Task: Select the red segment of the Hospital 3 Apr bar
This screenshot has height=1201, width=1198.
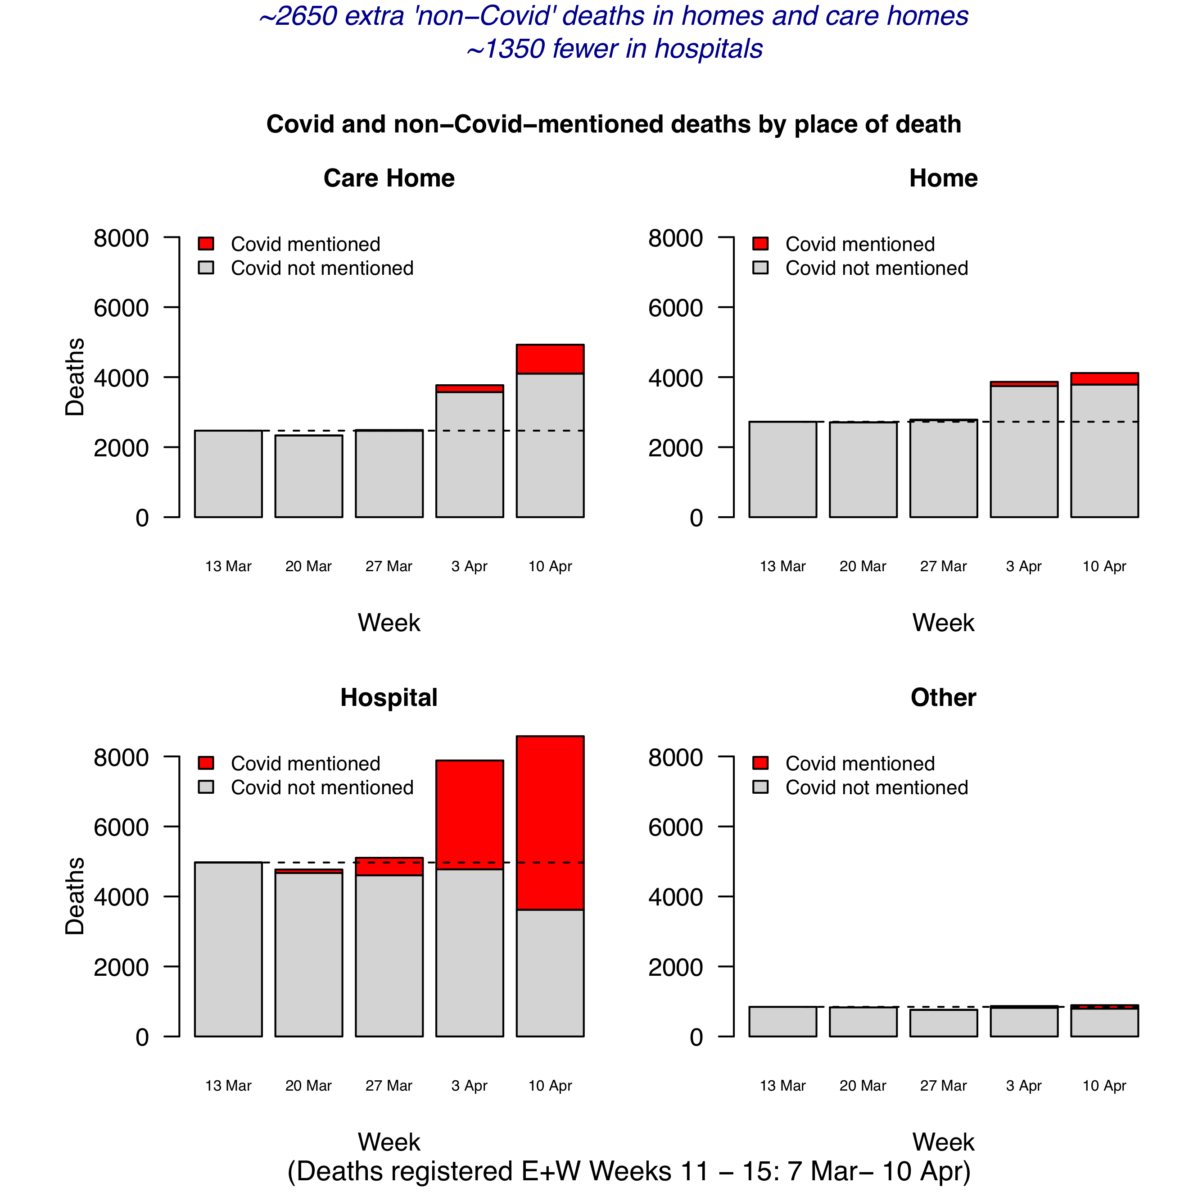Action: [469, 814]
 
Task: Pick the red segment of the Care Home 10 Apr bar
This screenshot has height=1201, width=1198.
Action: [549, 359]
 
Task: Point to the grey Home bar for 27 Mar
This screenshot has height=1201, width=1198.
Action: [943, 469]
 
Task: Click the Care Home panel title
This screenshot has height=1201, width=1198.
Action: [389, 178]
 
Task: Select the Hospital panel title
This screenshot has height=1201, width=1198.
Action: [389, 697]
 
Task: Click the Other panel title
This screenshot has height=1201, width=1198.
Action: [943, 697]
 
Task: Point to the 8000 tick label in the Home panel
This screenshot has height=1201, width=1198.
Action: [675, 238]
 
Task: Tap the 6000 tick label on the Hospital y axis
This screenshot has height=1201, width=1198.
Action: [121, 828]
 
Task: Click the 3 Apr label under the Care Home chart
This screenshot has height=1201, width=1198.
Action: [469, 566]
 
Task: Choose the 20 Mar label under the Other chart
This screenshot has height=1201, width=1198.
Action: [863, 1085]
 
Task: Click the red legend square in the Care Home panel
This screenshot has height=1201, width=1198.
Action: [206, 243]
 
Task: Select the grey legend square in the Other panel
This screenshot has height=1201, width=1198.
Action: [760, 787]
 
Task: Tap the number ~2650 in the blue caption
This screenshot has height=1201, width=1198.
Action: [298, 17]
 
